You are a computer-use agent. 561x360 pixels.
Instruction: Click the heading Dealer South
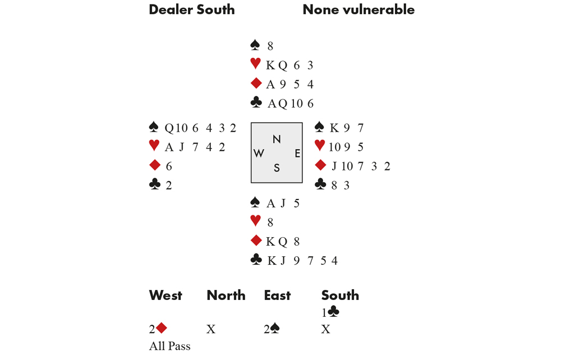tap(191, 10)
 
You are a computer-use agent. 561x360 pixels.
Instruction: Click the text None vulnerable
tap(358, 10)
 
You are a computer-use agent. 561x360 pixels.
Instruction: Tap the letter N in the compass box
tap(277, 139)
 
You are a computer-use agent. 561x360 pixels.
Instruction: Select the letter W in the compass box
tap(259, 154)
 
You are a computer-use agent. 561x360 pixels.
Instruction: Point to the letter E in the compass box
tap(297, 154)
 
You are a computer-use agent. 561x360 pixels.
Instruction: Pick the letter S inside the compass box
tap(277, 168)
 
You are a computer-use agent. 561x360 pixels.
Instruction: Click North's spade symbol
tap(255, 45)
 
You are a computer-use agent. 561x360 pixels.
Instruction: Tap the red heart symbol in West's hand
tap(154, 146)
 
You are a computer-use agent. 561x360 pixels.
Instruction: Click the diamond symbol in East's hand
tap(320, 165)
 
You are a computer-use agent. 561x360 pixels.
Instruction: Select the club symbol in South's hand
tap(256, 260)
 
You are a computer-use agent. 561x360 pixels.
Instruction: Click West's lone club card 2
tap(169, 185)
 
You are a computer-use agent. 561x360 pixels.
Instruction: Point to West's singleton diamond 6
tap(169, 166)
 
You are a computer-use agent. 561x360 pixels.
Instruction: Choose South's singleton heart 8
tap(270, 223)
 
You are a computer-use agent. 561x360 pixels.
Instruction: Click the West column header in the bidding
tap(165, 296)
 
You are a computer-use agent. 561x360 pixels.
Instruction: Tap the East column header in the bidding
tap(277, 296)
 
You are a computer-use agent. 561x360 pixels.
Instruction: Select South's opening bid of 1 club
tap(330, 312)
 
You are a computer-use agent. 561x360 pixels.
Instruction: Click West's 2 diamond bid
tap(158, 329)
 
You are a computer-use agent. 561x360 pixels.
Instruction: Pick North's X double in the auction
tap(211, 330)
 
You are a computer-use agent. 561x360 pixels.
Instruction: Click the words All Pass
tap(169, 346)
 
